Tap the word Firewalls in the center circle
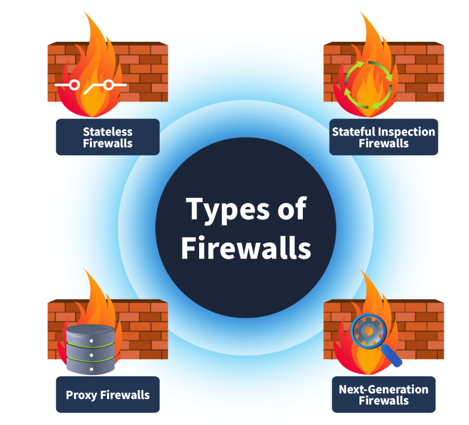[x=246, y=248]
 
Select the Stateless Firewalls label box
[x=108, y=137]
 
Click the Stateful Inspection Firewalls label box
[x=383, y=137]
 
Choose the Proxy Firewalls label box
[x=108, y=395]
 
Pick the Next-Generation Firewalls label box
[x=383, y=395]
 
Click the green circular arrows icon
[x=369, y=84]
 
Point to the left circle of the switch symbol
[x=74, y=85]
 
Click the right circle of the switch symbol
[x=109, y=85]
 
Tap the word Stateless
[x=108, y=132]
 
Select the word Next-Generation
[x=383, y=389]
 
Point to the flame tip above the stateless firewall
[x=91, y=15]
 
